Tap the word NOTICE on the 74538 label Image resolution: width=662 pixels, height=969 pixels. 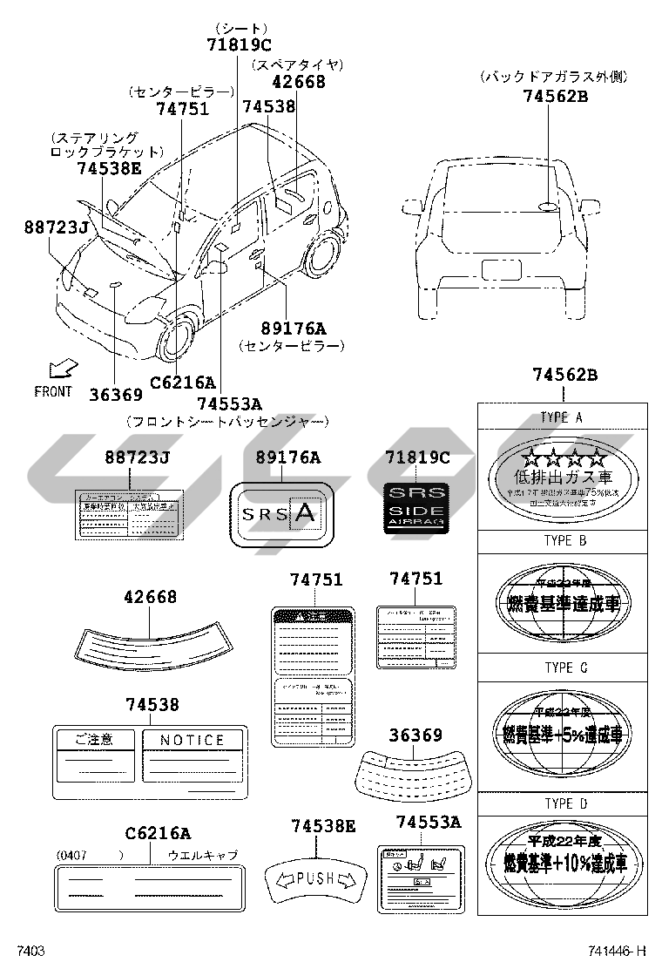coord(193,740)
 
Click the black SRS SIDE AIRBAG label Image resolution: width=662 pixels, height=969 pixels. coord(416,505)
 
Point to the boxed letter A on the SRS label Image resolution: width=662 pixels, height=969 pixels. coord(304,513)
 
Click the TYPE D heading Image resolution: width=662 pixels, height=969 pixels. coord(564,803)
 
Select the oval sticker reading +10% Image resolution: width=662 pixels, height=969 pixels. coord(564,859)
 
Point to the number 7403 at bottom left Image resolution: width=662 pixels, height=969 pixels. coord(30,952)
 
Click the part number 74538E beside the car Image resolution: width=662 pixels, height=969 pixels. coord(107,168)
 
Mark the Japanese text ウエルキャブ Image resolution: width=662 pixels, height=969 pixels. coord(202,855)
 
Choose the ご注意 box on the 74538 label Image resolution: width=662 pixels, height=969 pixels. coord(94,740)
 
